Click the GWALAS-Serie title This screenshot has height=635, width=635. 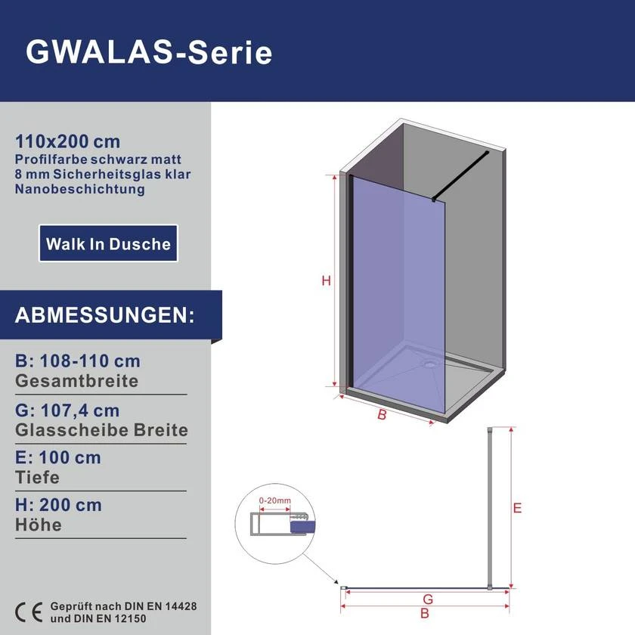(x=149, y=52)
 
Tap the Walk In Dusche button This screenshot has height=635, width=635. (x=108, y=243)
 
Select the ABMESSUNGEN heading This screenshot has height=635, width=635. (x=104, y=315)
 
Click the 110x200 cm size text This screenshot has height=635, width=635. (x=67, y=141)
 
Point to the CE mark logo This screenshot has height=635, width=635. (x=29, y=612)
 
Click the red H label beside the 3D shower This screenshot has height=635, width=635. (x=326, y=280)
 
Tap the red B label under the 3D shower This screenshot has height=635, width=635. (x=382, y=415)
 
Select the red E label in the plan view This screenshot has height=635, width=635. (x=517, y=508)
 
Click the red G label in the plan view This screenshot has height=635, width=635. (x=428, y=599)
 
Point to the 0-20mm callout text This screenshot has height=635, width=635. (x=275, y=500)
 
